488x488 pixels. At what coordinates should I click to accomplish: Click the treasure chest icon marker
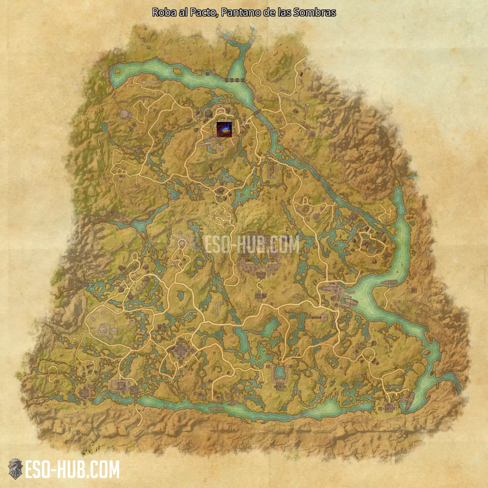pos(224,129)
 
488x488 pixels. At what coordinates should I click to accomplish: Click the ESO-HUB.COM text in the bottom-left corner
pos(72,470)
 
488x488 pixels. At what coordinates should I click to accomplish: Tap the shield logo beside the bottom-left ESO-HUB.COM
pos(15,469)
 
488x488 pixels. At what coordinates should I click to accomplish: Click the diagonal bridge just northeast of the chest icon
pos(257,111)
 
